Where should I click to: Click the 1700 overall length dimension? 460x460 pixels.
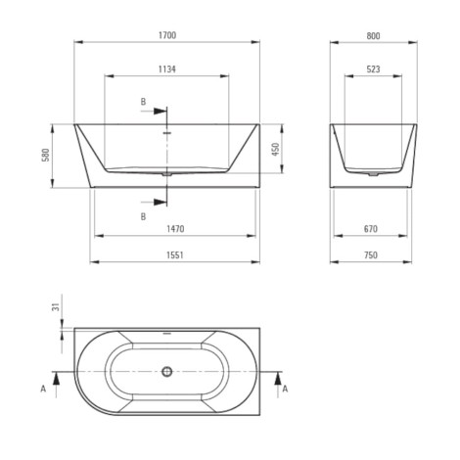167,35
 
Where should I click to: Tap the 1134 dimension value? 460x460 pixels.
167,69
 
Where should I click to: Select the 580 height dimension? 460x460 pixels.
46,155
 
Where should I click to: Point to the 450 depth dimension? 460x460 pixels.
276,149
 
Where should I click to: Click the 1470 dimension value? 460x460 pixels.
175,229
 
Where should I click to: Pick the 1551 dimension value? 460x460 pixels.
175,255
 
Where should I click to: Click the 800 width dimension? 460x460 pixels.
373,36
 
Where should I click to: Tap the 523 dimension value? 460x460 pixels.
373,69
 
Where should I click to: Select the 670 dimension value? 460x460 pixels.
371,229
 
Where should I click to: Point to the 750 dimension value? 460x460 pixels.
371,255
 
